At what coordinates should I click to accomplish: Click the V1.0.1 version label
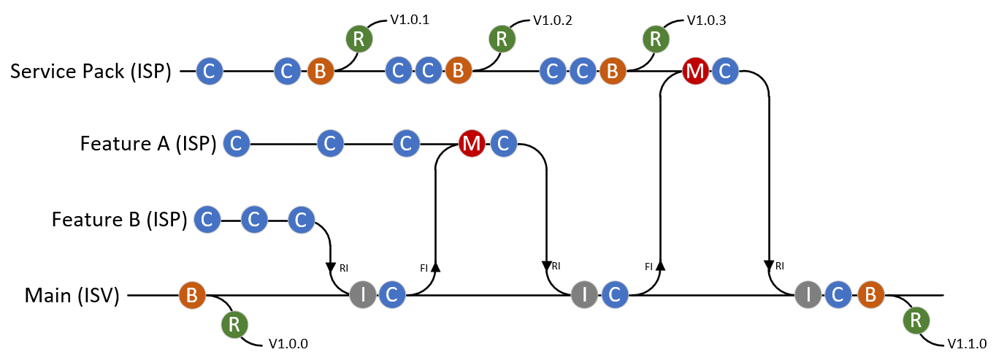(410, 20)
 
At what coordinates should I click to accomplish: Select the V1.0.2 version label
(553, 20)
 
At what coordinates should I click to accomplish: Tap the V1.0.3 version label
(706, 20)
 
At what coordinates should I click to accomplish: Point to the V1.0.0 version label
(288, 343)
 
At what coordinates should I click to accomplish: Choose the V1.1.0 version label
(967, 343)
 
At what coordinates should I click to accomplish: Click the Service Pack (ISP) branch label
(91, 72)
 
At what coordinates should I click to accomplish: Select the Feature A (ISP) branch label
(148, 144)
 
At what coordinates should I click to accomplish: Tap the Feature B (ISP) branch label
(120, 218)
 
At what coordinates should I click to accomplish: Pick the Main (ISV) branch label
(72, 296)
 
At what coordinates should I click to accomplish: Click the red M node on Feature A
(472, 144)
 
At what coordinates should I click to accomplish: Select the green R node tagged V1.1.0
(916, 321)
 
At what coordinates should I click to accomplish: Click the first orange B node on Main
(192, 296)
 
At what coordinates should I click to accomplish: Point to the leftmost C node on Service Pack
(209, 72)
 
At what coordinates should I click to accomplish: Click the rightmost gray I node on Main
(808, 295)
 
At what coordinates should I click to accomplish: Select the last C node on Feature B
(300, 219)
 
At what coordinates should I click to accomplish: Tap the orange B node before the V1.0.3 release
(613, 72)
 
